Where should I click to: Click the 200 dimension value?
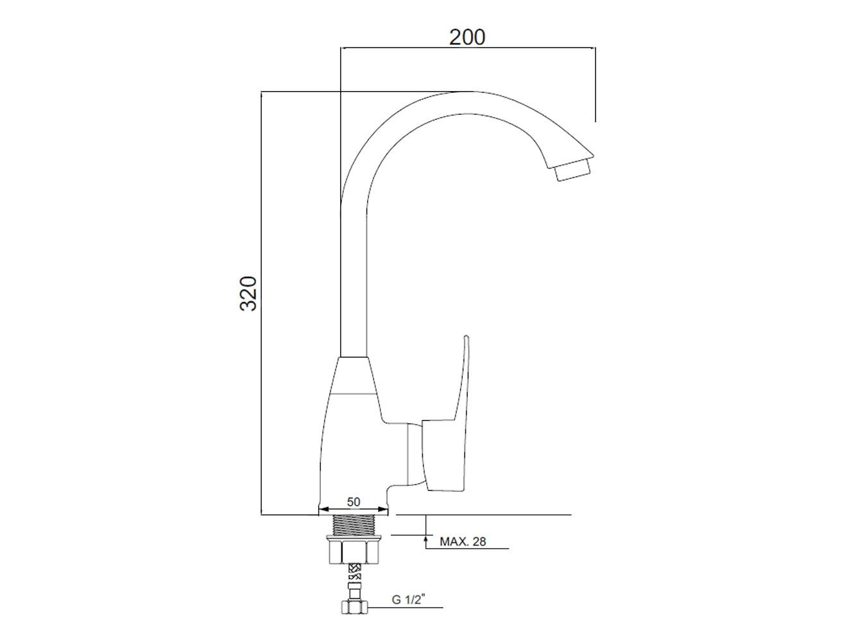coord(467,37)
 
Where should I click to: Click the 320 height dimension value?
coord(248,293)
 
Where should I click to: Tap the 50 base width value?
coord(354,502)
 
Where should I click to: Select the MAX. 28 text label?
coord(463,541)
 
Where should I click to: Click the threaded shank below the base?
coord(354,525)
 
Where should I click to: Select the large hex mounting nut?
coord(354,550)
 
